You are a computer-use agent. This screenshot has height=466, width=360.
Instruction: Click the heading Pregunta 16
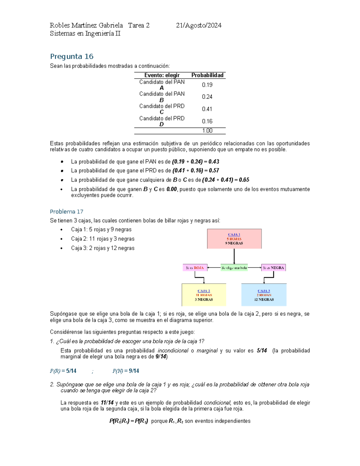click(x=72, y=56)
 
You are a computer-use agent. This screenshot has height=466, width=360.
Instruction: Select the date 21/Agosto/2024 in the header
click(x=199, y=26)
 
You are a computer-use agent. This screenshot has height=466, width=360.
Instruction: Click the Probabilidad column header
click(x=207, y=75)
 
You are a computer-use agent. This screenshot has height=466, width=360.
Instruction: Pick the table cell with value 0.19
click(x=207, y=85)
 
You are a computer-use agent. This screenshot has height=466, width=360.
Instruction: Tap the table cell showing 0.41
click(x=207, y=109)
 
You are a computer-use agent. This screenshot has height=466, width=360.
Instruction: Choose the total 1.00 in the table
click(x=207, y=131)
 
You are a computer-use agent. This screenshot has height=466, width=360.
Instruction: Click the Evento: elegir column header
click(x=162, y=75)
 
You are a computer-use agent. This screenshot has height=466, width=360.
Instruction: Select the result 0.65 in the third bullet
click(x=244, y=180)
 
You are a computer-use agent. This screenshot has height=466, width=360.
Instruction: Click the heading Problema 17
click(x=66, y=212)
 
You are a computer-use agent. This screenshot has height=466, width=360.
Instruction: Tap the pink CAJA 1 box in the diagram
click(x=234, y=239)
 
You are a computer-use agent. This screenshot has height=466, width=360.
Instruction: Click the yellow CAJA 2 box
click(x=204, y=295)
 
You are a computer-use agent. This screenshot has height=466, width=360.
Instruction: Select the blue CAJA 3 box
click(x=264, y=295)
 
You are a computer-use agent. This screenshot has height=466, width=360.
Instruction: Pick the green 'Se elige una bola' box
click(x=234, y=268)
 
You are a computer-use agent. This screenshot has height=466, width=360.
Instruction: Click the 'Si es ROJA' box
click(x=195, y=268)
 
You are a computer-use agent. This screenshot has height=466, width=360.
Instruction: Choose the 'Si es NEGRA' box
click(x=273, y=268)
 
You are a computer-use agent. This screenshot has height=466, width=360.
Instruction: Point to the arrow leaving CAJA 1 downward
click(x=234, y=257)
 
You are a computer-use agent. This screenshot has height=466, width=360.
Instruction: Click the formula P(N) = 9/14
click(x=125, y=371)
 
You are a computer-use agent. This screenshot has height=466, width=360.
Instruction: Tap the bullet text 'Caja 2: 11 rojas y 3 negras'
click(x=103, y=239)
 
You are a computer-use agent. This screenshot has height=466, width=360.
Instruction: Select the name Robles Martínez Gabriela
click(x=86, y=26)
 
